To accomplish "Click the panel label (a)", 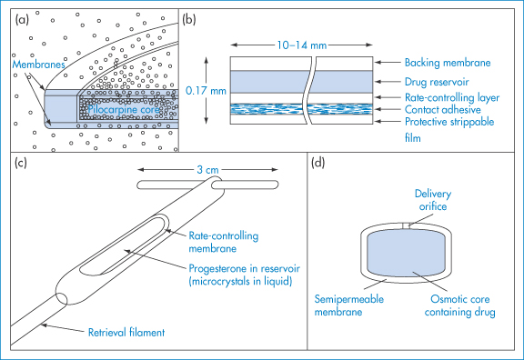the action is tap(22, 20).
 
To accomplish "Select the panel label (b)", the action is tap(189, 20).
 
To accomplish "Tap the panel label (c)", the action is tap(21, 163).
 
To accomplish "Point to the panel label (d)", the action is tap(317, 163).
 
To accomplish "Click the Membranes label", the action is tap(38, 65).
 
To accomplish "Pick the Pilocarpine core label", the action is tap(124, 109).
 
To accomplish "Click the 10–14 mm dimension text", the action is tap(302, 45).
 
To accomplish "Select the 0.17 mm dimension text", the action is tap(206, 91).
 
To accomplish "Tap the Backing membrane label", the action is tap(448, 63).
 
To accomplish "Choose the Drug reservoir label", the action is tap(437, 82).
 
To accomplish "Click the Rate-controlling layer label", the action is tap(452, 97).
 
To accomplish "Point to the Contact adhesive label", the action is tap(443, 109).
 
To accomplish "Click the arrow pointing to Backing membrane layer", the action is tap(388, 62).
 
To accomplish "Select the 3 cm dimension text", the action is tap(207, 170).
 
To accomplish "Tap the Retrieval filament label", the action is tap(126, 333).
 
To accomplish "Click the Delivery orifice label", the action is tap(433, 200).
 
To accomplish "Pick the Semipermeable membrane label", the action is tap(349, 305).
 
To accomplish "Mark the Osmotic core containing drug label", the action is tap(459, 305).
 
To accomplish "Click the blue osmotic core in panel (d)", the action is tap(406, 253).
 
